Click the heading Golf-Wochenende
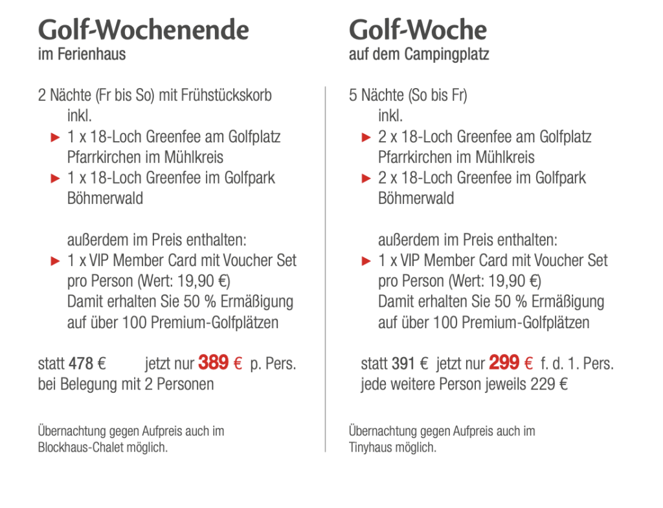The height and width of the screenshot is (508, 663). click(143, 30)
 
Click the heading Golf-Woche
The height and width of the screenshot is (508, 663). click(418, 30)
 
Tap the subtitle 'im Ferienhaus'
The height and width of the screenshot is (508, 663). click(82, 54)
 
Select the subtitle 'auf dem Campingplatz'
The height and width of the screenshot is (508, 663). click(419, 54)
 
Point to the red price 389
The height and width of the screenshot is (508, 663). click(214, 363)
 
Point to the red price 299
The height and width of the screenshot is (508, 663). click(504, 363)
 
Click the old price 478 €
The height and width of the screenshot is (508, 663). click(87, 364)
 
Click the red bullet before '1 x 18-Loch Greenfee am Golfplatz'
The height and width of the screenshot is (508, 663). click(55, 137)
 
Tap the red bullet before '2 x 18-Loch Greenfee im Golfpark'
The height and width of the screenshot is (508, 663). click(366, 179)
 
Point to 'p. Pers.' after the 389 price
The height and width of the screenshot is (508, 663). click(273, 364)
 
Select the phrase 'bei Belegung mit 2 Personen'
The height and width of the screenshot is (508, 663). click(126, 384)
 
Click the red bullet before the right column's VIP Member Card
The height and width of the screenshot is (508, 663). click(366, 261)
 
